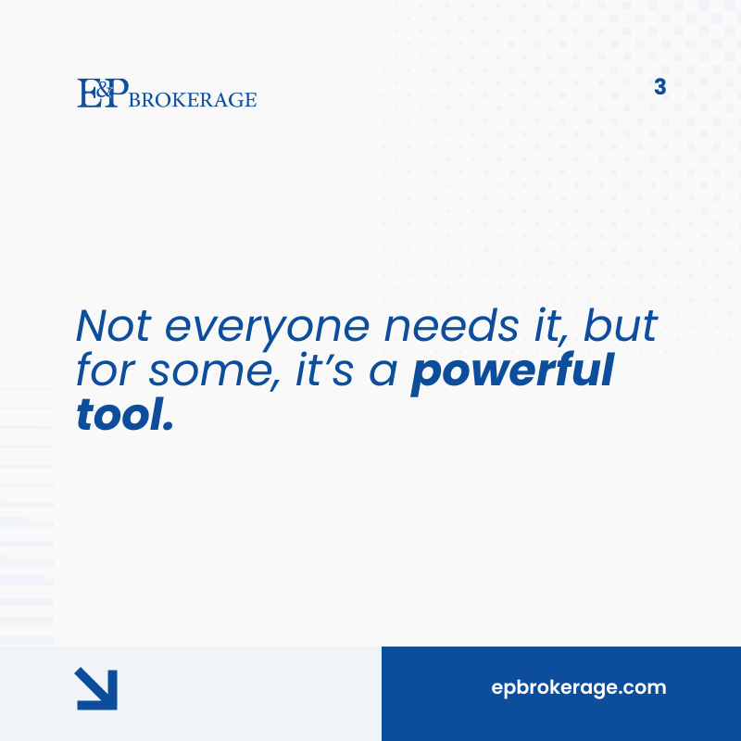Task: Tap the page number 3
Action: point(659,88)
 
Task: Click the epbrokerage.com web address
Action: point(579,688)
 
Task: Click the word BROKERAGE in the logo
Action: point(194,99)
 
